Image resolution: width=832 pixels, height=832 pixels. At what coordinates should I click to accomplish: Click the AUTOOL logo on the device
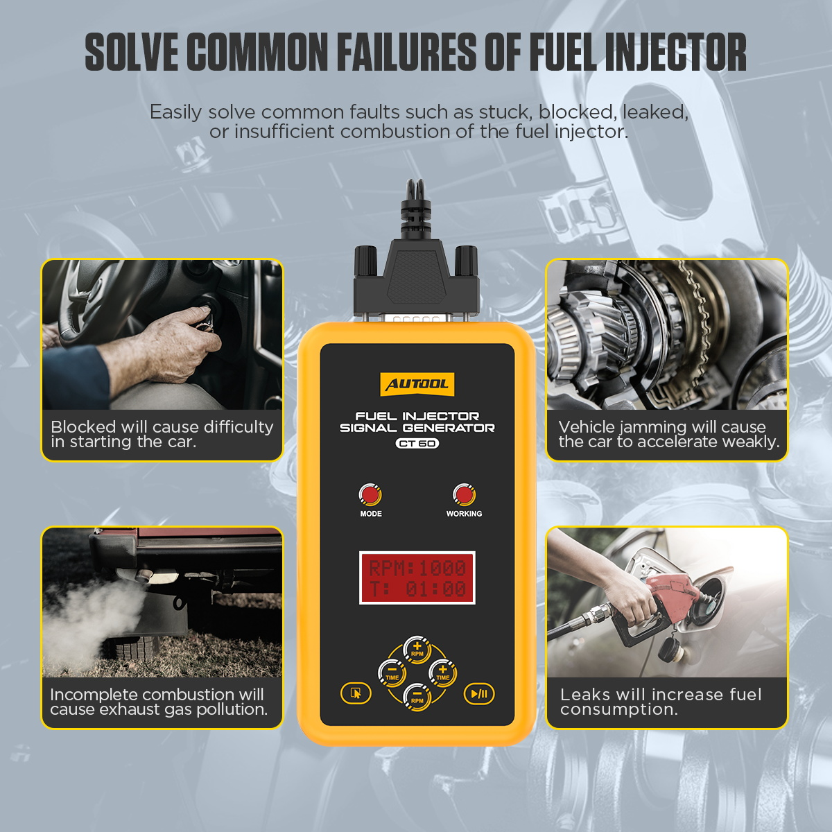coord(417,384)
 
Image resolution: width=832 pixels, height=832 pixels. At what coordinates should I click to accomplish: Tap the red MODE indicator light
coord(370,495)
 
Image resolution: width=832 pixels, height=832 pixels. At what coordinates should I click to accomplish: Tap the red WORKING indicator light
coord(464,495)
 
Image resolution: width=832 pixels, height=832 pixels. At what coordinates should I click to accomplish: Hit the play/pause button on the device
coord(479,693)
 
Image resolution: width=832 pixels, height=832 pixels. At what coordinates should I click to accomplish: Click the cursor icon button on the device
coord(356,693)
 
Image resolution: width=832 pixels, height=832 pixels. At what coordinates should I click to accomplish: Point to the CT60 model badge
coord(417,444)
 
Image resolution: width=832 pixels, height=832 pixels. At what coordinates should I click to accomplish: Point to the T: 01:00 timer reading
coord(417,589)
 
